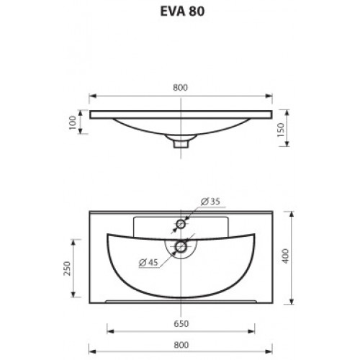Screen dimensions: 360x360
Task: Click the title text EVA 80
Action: (x=182, y=12)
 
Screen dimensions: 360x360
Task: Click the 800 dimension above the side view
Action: (x=181, y=88)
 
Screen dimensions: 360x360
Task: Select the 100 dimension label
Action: (x=73, y=122)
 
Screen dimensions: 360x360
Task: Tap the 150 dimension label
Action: (x=281, y=130)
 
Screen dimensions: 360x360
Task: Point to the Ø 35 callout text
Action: (x=210, y=202)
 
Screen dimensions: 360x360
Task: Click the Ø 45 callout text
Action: (x=148, y=262)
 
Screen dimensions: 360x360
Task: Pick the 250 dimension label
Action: (x=67, y=269)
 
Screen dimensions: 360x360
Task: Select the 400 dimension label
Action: (x=286, y=256)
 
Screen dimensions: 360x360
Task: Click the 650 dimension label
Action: (x=181, y=324)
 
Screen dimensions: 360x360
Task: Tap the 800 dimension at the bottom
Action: (x=181, y=345)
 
